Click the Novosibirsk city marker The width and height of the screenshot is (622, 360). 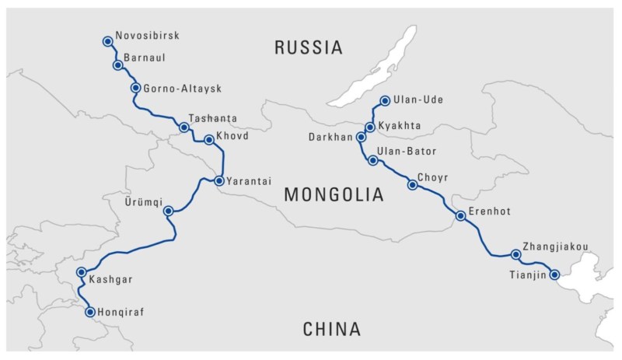point(107,40)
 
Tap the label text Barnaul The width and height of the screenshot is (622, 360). point(144,58)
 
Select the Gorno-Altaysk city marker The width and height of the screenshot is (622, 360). point(136,88)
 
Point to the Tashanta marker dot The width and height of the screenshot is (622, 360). point(184,127)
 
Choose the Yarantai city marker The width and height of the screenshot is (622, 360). point(219,181)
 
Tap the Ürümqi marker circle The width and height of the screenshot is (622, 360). point(169,211)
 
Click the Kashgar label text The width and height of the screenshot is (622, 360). point(109,279)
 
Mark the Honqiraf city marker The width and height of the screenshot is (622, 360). point(90,312)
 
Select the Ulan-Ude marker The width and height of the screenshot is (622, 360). point(385,100)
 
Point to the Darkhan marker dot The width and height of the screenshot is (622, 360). point(361,137)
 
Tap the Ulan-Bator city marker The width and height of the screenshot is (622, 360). point(373,161)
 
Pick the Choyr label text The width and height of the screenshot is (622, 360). point(433,177)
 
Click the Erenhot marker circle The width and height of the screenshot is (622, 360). point(460,216)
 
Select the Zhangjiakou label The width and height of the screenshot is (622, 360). point(556,247)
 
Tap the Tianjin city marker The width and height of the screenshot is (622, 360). point(554,274)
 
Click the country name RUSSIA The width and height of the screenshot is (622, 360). point(309,48)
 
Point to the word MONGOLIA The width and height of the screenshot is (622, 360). point(334,195)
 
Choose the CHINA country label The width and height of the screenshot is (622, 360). point(331,330)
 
